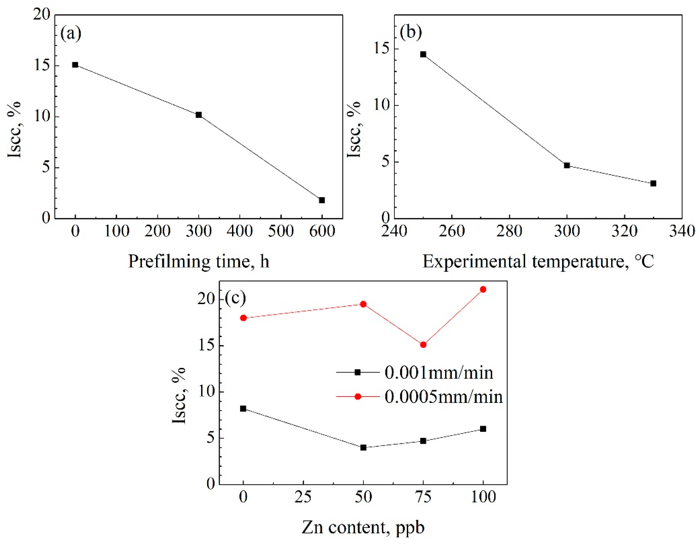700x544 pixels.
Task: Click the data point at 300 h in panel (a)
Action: pyautogui.click(x=199, y=115)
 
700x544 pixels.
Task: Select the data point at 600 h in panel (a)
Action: pyautogui.click(x=322, y=200)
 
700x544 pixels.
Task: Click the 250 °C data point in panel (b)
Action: pyautogui.click(x=423, y=54)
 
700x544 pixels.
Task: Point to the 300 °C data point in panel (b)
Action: pyautogui.click(x=567, y=166)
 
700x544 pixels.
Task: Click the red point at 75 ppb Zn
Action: pyautogui.click(x=423, y=345)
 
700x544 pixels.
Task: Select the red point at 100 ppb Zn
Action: pyautogui.click(x=483, y=290)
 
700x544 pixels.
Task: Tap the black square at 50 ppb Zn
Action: pyautogui.click(x=363, y=447)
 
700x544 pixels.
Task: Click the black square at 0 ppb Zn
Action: pyautogui.click(x=243, y=408)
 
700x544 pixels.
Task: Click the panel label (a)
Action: pyautogui.click(x=71, y=33)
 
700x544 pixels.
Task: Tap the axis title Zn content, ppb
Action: pyautogui.click(x=363, y=527)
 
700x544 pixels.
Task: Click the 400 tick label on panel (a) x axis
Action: pyautogui.click(x=239, y=231)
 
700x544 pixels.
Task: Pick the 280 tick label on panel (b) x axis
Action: pyautogui.click(x=509, y=231)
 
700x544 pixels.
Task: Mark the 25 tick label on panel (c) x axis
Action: pyautogui.click(x=303, y=497)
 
